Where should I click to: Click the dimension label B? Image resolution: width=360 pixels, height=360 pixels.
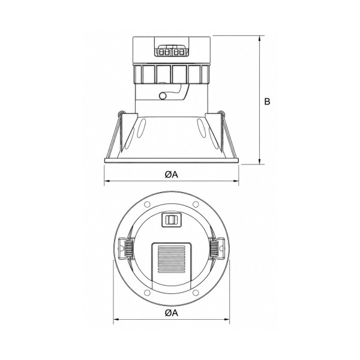click(x=267, y=101)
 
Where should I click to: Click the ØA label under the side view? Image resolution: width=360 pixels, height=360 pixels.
click(x=172, y=175)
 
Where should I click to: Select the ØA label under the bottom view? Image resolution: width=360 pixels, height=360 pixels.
click(x=172, y=313)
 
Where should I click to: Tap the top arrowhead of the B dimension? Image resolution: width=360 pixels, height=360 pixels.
click(x=260, y=39)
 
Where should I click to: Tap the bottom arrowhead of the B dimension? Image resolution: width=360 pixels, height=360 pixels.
click(x=260, y=161)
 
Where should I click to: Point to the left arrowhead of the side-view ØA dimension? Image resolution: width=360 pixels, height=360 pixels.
click(x=107, y=181)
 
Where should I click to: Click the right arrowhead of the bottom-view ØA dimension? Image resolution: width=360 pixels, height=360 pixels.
click(x=226, y=319)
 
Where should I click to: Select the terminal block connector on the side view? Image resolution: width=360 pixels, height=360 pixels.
click(x=172, y=51)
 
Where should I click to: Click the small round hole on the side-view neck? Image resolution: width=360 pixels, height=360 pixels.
click(x=163, y=96)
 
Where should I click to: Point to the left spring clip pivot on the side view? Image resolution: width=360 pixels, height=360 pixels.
click(x=121, y=113)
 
